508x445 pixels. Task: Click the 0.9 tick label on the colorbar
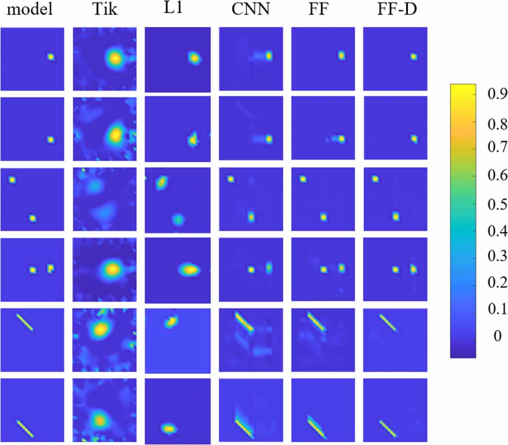[x=491, y=93]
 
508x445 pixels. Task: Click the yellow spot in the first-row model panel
[x=50, y=57]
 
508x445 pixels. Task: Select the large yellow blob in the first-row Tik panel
[x=114, y=59]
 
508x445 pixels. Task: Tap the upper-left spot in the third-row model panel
[x=12, y=180]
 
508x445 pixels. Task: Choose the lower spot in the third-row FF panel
[x=324, y=217]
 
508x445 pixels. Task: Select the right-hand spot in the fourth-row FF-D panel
[x=414, y=269]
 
